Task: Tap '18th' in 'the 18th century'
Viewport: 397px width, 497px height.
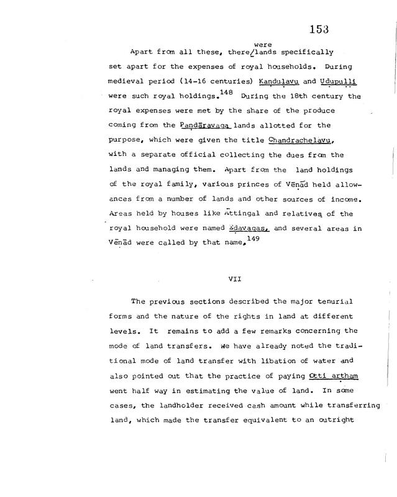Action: coord(286,98)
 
